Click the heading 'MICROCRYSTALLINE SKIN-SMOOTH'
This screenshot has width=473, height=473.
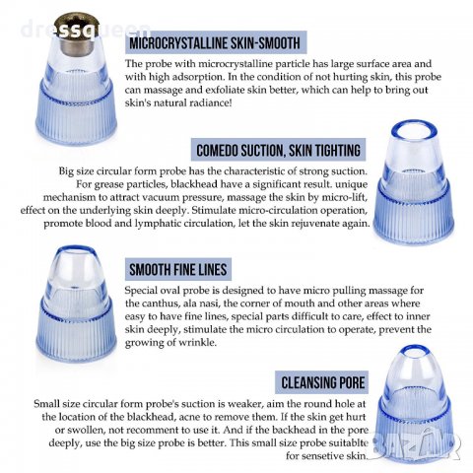coord(215,43)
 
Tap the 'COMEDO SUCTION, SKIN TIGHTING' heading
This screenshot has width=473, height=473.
coord(278,150)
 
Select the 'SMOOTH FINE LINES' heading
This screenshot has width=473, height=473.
coord(178,270)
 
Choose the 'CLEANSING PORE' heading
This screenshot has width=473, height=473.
coord(323,382)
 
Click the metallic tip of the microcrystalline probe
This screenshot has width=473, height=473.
coord(77,34)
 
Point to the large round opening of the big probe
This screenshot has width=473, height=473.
coord(415,130)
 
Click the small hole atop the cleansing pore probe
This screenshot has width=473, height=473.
coord(415,352)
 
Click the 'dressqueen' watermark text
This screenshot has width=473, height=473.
coord(86,29)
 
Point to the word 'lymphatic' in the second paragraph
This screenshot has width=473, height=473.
coord(158,224)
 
